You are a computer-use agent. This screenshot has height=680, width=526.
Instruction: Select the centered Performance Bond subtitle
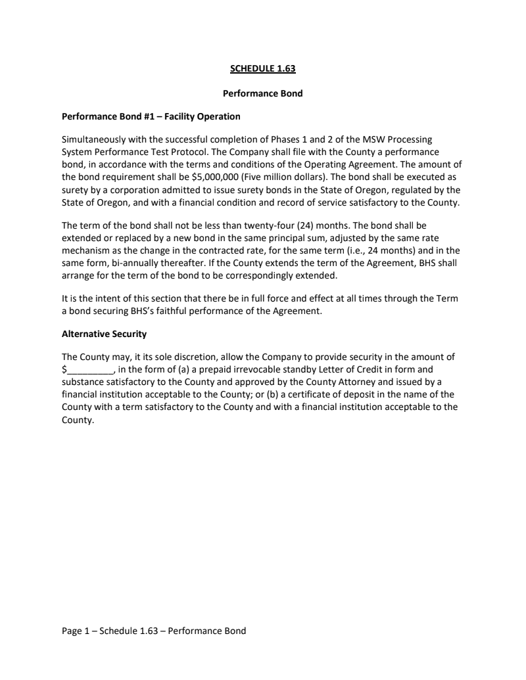(x=263, y=93)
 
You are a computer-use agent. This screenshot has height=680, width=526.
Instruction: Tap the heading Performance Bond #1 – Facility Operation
(x=151, y=117)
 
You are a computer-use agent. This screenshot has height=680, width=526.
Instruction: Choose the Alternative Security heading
(x=104, y=334)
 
